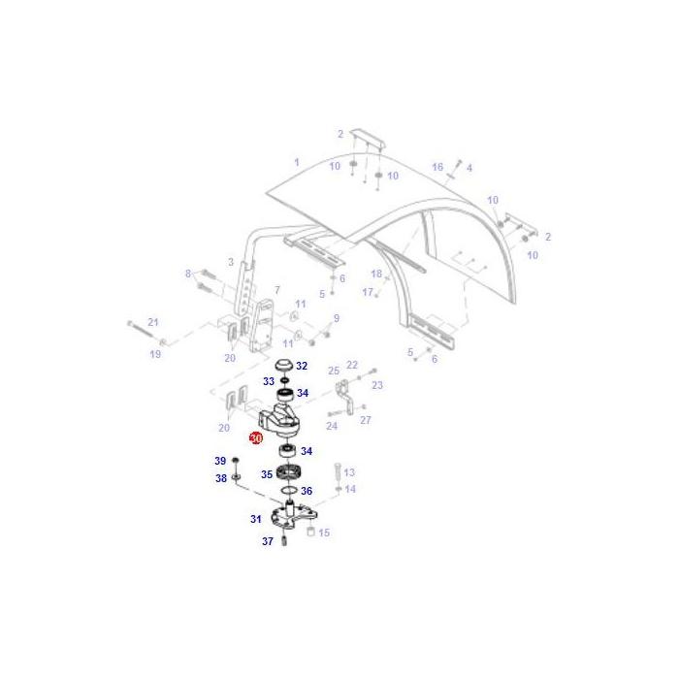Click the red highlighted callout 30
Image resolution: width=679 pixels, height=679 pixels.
(256, 438)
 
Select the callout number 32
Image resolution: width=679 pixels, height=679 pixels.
(302, 366)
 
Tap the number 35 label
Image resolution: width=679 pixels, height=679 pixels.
(267, 474)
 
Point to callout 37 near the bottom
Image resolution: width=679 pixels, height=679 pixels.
(268, 541)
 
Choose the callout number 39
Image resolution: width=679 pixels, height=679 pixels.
(220, 461)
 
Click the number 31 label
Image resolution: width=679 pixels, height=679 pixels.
(256, 519)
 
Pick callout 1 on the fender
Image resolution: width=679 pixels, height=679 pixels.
(297, 162)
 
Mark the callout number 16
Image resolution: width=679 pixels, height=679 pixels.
(437, 167)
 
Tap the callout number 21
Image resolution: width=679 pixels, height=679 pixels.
(152, 322)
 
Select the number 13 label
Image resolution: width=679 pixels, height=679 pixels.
(349, 472)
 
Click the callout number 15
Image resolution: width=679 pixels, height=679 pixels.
(324, 533)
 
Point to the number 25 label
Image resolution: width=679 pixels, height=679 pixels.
(334, 371)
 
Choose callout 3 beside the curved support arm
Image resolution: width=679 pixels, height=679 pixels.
(231, 262)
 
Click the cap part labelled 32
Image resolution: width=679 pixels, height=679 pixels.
(285, 366)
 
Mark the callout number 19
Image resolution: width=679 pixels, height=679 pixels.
(155, 354)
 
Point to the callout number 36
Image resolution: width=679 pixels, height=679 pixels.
(307, 491)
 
